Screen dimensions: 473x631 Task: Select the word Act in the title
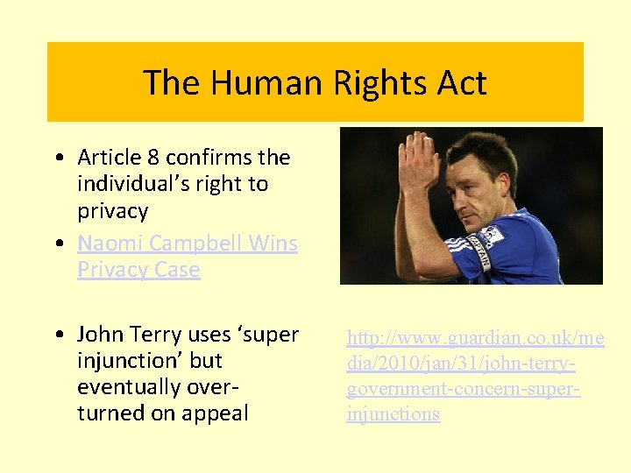(x=457, y=83)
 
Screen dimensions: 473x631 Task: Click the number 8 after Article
(x=153, y=158)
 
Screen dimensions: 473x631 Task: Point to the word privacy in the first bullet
(x=113, y=211)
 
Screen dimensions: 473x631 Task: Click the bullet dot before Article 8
(x=56, y=159)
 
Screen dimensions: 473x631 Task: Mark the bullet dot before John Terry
(x=56, y=335)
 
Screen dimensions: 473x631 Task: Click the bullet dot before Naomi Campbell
(x=56, y=244)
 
